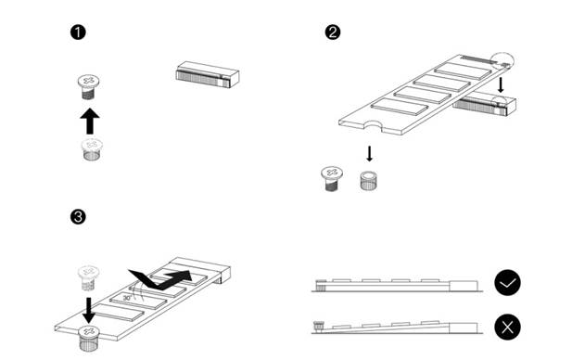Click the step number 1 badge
click(x=79, y=33)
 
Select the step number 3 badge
click(x=79, y=217)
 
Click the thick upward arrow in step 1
click(x=89, y=120)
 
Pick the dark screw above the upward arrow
click(x=88, y=87)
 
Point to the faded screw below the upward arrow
click(x=90, y=150)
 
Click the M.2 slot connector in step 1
click(x=207, y=75)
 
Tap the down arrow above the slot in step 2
click(x=502, y=85)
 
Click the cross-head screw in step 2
click(x=331, y=178)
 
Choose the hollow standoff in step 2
click(x=369, y=178)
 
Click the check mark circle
click(x=507, y=283)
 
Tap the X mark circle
click(x=507, y=327)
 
